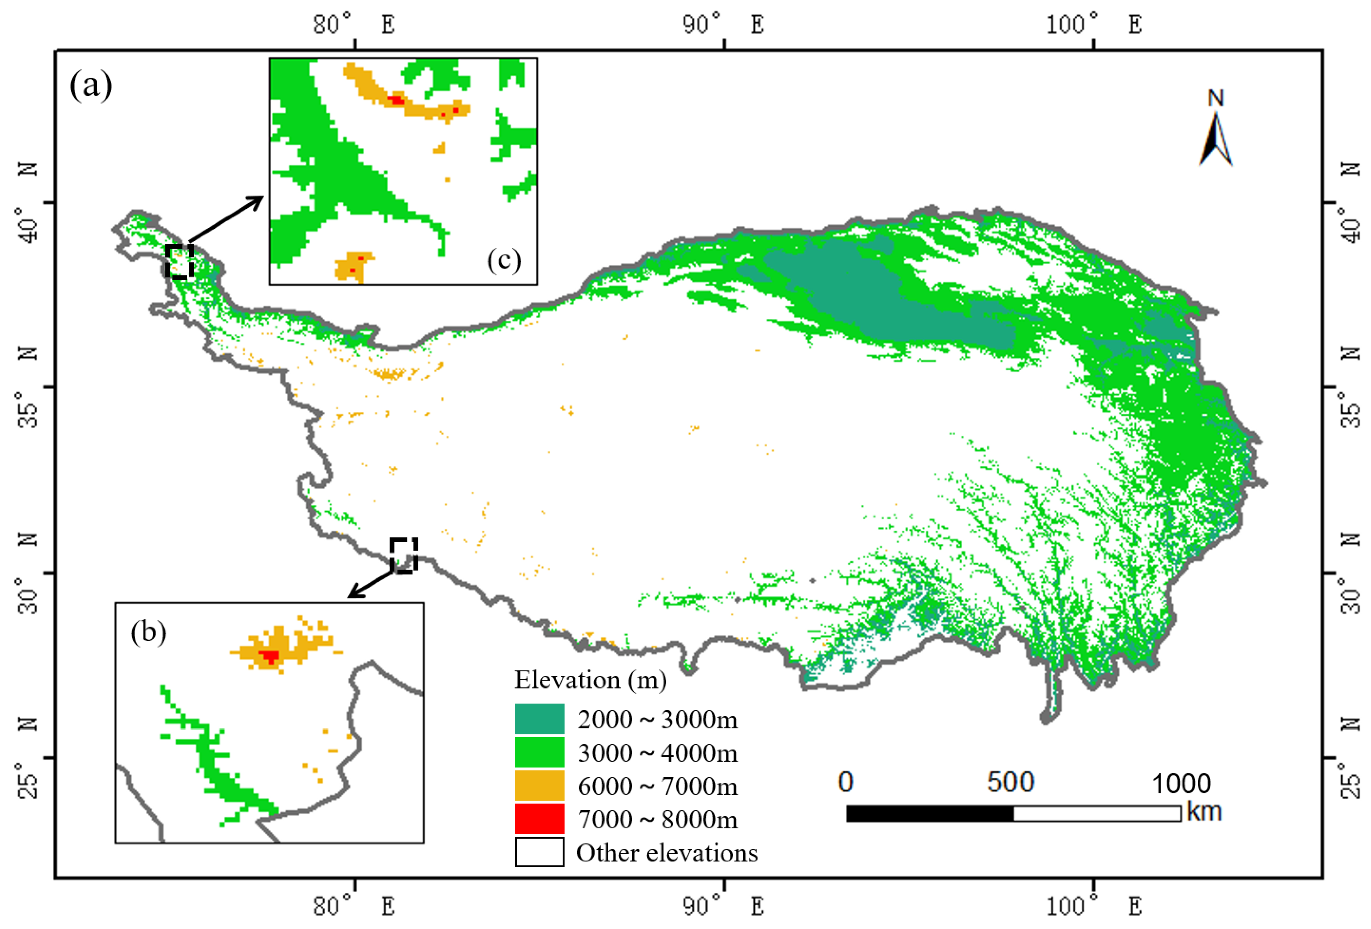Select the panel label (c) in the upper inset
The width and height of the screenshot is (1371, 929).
(x=504, y=260)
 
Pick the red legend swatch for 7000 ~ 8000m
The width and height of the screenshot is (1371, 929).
(x=539, y=819)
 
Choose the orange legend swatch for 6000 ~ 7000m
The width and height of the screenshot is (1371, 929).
(x=539, y=786)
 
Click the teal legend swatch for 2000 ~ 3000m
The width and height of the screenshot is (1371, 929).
(x=539, y=719)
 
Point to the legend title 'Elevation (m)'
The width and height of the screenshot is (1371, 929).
(x=590, y=680)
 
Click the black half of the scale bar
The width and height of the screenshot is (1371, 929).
(x=930, y=813)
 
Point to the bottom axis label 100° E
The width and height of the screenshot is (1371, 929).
(x=1093, y=906)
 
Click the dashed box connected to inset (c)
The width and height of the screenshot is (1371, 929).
(x=179, y=261)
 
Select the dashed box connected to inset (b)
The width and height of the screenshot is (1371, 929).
(x=404, y=555)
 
